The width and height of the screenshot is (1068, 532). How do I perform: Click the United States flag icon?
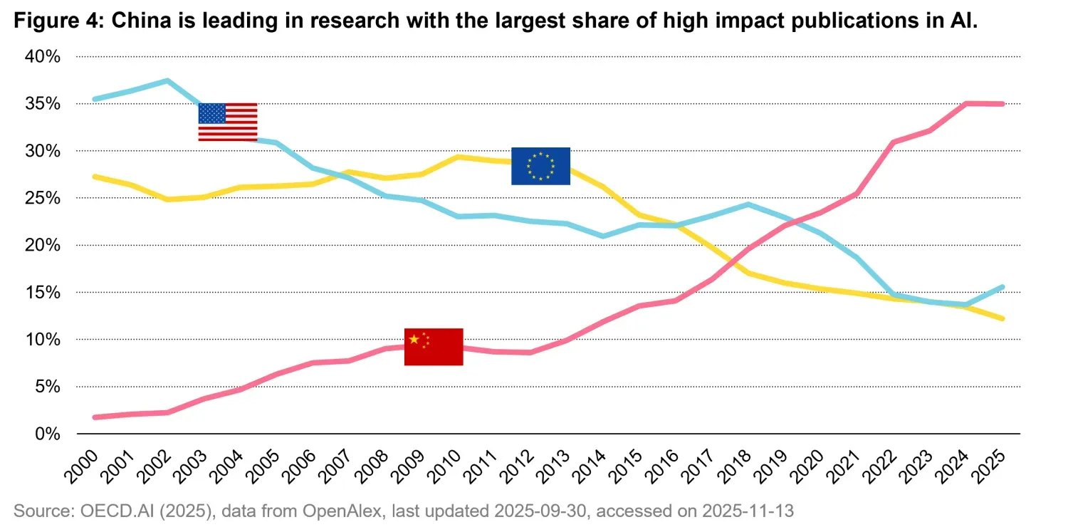(228, 122)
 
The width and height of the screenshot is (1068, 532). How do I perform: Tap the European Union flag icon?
(540, 166)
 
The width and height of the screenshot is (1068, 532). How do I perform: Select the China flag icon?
(434, 347)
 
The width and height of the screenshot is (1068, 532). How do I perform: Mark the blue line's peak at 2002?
(167, 80)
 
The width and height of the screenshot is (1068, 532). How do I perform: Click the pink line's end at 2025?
(1002, 104)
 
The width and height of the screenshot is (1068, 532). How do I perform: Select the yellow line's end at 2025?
(1002, 318)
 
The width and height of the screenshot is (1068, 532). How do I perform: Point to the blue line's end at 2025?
(1002, 287)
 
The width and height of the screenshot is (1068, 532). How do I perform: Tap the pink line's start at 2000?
(95, 417)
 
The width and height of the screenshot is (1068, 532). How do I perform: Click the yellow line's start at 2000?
(95, 176)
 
